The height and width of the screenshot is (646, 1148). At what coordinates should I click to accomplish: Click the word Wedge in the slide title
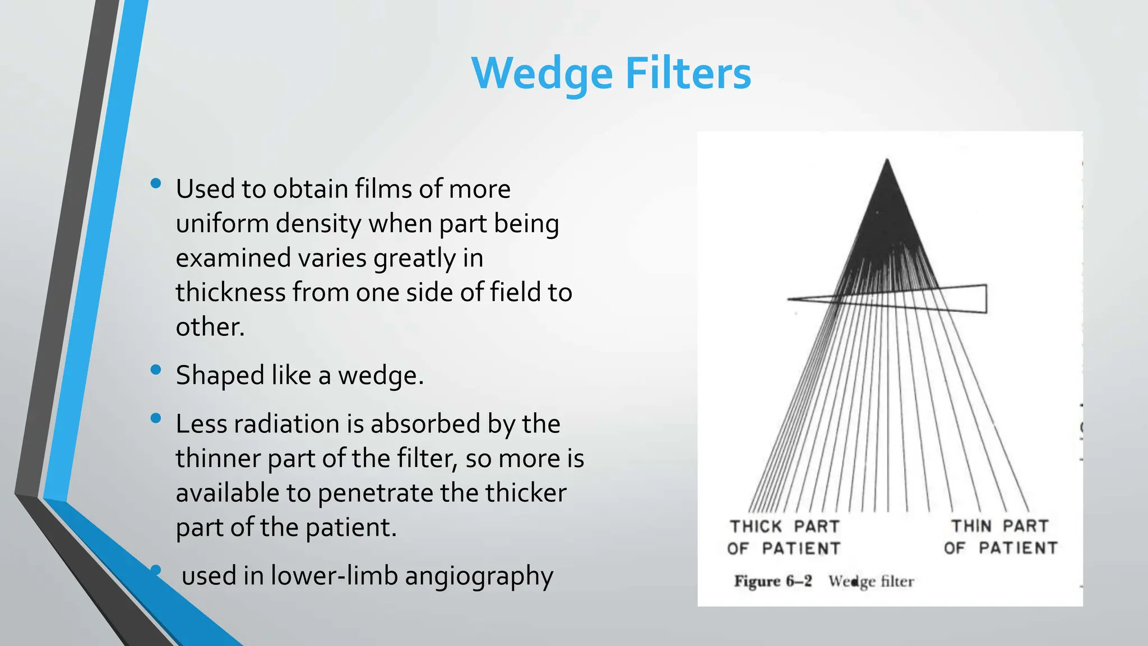coord(542,74)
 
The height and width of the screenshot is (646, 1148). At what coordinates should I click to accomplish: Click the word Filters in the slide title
coord(688,73)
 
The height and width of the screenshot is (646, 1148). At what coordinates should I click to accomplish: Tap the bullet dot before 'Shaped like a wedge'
coord(156,369)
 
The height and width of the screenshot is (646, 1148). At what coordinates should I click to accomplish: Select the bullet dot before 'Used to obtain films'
coord(156,183)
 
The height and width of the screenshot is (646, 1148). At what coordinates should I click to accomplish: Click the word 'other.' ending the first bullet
coord(210,327)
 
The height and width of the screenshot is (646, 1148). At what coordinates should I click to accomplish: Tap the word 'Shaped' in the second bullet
coord(220,376)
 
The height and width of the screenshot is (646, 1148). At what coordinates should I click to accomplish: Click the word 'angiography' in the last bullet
coord(479,576)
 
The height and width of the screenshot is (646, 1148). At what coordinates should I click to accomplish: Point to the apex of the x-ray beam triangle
coord(887,161)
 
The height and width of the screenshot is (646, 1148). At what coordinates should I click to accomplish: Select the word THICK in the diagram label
coord(756,527)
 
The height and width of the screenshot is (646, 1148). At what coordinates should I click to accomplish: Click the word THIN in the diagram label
coord(971,526)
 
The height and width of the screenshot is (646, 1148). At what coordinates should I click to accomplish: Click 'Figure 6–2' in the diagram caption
coord(772,581)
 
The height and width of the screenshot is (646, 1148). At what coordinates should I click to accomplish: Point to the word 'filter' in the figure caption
coord(897,582)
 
